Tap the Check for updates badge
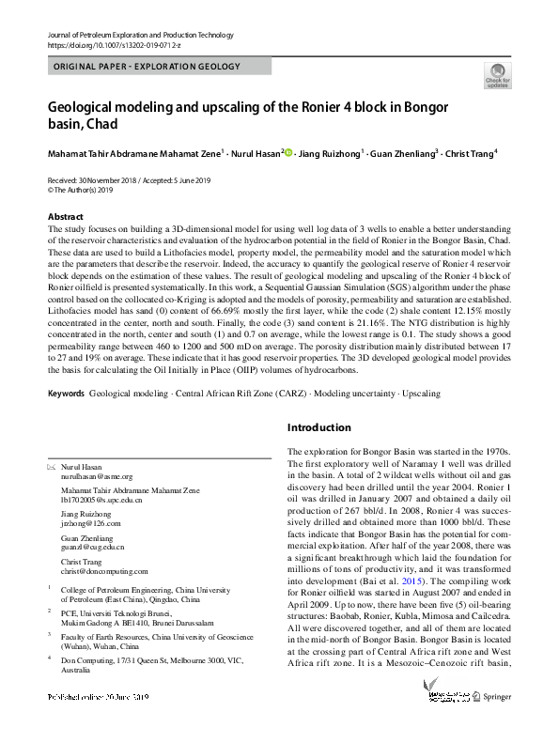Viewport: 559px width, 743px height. coord(497,76)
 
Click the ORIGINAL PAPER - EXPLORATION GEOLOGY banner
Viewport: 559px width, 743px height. coord(148,67)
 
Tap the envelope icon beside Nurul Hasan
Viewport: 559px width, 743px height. coord(52,467)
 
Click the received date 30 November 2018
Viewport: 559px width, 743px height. coord(102,179)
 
